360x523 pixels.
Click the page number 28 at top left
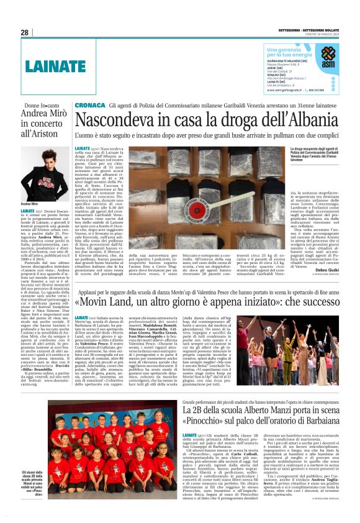pos(25,32)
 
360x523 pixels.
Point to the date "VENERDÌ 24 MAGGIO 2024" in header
pos(320,36)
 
